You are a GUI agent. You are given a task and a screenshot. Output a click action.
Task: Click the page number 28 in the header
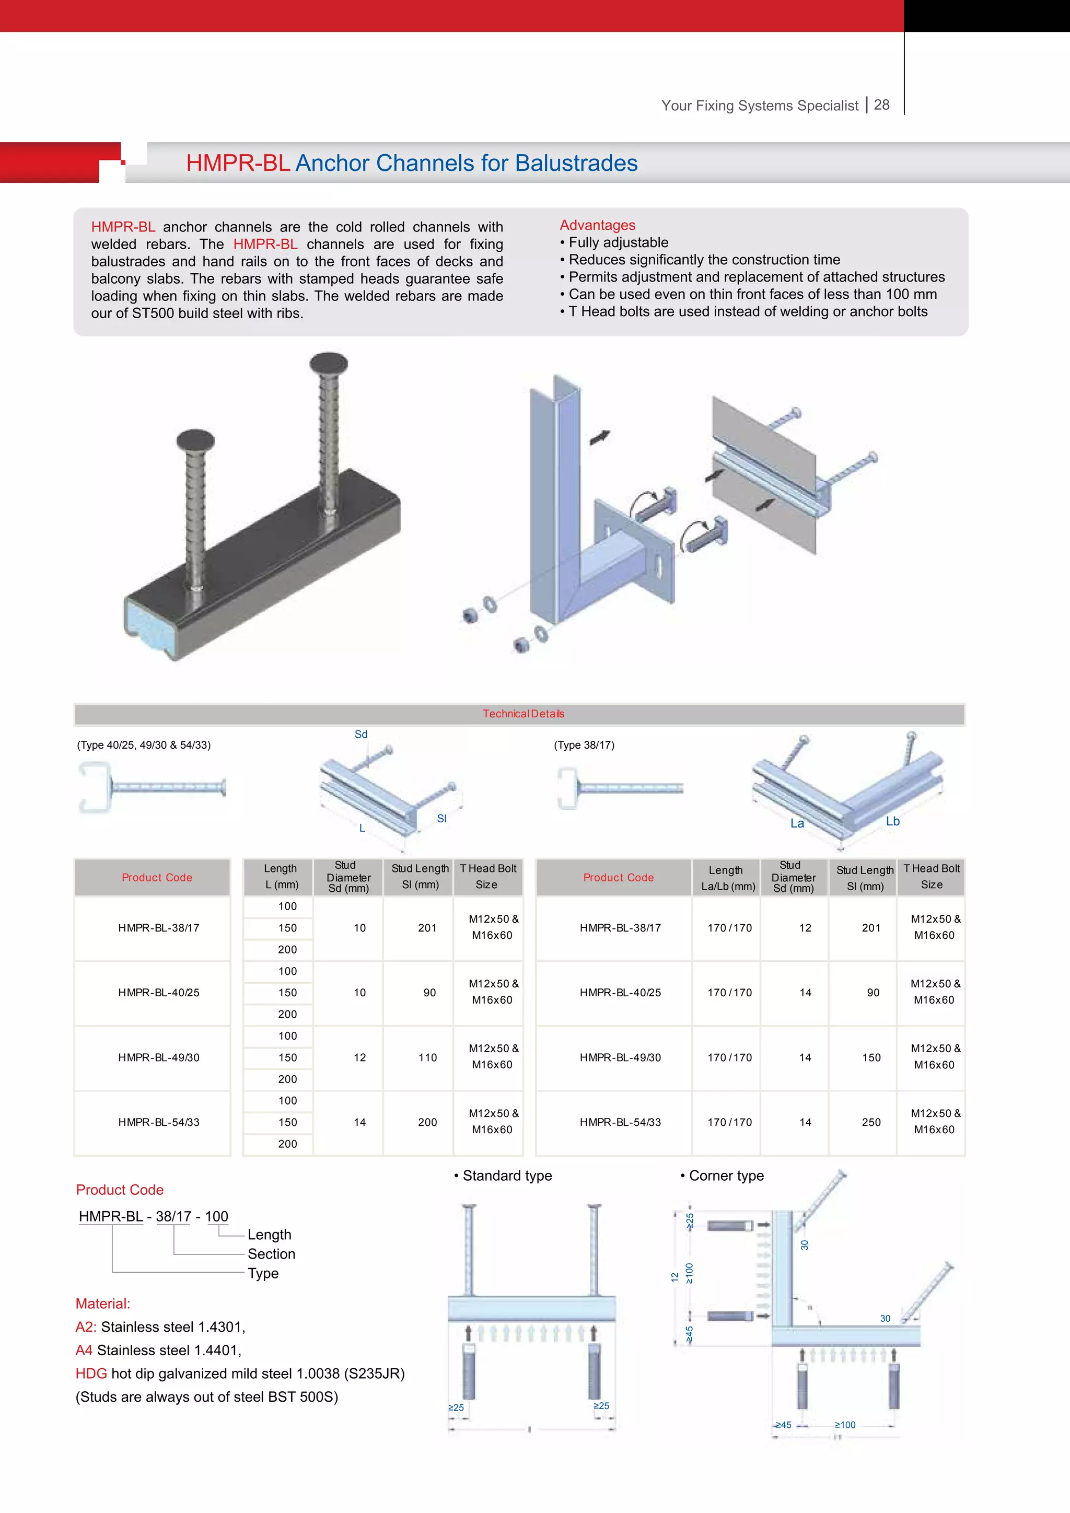[x=881, y=105]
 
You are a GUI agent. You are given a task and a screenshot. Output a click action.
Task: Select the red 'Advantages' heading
[x=597, y=225]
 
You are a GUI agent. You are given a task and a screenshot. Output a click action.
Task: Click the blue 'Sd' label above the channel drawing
[x=361, y=734]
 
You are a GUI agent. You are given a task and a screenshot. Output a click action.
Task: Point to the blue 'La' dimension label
[x=797, y=823]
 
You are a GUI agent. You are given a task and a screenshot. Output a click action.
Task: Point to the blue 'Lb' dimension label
[x=893, y=821]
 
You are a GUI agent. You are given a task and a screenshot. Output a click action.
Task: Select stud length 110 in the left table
[x=427, y=1057]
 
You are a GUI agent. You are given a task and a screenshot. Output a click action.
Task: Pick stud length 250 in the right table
[x=871, y=1122]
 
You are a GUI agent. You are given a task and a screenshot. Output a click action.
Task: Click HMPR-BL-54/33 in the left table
[x=159, y=1122]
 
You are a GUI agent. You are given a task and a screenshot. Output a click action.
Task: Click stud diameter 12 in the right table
[x=805, y=927]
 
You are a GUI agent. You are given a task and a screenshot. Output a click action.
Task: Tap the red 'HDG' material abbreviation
[x=91, y=1374]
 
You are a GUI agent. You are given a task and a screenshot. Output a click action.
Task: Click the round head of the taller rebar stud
[x=329, y=363]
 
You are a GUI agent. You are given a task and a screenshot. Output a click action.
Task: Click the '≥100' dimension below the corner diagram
[x=845, y=1425]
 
